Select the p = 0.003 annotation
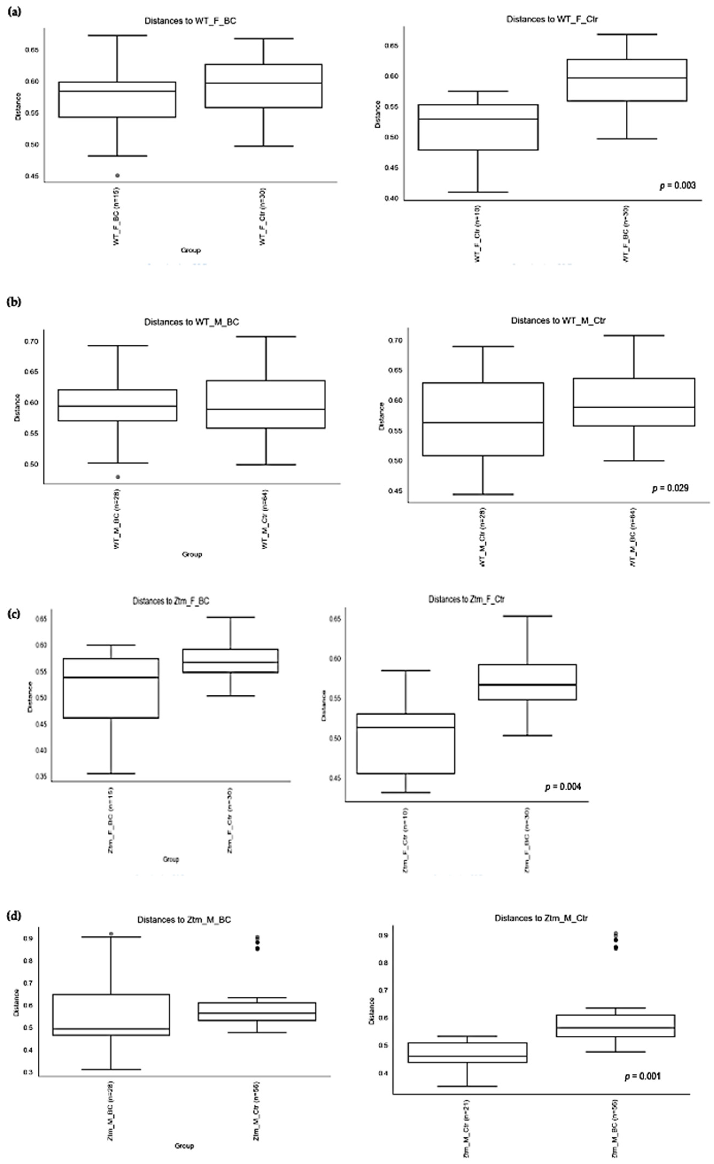[x=677, y=186]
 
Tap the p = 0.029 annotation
[x=670, y=488]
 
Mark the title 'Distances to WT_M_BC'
[x=191, y=322]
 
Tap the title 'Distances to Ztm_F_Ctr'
[x=467, y=599]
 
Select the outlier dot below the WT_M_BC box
[x=118, y=477]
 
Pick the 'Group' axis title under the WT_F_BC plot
[x=191, y=250]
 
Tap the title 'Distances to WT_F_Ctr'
[x=552, y=19]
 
